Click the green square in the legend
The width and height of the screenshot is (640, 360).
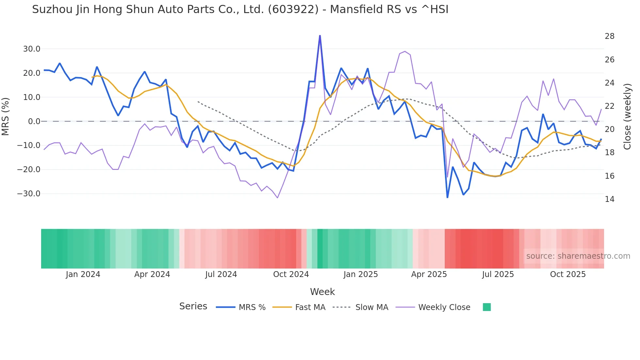[487, 307]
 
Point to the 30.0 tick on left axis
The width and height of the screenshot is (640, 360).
[31, 49]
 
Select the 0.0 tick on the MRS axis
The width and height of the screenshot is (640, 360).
[34, 122]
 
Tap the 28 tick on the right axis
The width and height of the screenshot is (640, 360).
[609, 36]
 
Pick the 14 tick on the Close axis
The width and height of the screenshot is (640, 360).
[609, 199]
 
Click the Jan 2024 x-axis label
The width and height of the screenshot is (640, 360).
[83, 274]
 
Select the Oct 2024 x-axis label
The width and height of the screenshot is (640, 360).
[291, 274]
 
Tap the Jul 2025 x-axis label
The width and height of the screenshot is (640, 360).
[498, 274]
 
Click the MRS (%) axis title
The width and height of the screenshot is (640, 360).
[6, 116]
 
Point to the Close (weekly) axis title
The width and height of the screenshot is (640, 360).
[627, 116]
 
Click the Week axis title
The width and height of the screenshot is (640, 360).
[322, 292]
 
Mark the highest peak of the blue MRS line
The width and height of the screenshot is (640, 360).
[320, 36]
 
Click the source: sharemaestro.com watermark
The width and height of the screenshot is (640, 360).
[578, 256]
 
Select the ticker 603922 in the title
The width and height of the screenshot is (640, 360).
[293, 9]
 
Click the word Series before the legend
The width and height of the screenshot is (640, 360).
[193, 306]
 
